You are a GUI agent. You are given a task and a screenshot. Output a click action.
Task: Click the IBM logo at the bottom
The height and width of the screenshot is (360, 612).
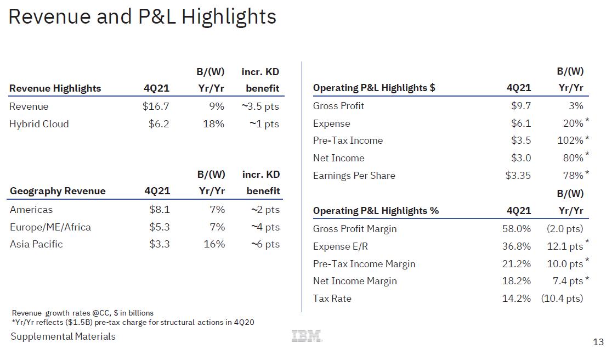click(307, 336)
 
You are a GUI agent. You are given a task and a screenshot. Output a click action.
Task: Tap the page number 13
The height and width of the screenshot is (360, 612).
click(598, 342)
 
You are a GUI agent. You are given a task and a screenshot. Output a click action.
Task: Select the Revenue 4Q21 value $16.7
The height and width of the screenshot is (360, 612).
click(156, 106)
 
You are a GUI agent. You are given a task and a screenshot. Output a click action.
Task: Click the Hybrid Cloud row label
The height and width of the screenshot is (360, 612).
click(39, 124)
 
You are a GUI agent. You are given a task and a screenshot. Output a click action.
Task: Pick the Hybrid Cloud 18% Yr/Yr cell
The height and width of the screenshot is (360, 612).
click(213, 124)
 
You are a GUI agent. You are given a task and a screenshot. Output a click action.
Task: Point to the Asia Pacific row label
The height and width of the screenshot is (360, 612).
click(36, 244)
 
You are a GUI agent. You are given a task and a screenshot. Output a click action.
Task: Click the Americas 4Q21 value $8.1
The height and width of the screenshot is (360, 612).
click(160, 210)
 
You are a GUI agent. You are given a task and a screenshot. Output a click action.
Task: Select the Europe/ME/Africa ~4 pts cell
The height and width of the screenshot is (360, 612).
click(265, 227)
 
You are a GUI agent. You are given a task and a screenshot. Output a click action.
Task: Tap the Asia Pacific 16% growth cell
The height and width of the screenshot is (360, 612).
click(214, 244)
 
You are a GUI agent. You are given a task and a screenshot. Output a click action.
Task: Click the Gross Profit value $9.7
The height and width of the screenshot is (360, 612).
click(521, 106)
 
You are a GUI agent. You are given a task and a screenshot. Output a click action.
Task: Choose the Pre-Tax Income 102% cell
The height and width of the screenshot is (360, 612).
click(570, 140)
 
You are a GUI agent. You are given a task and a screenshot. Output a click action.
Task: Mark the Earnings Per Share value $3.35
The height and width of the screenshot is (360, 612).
click(518, 176)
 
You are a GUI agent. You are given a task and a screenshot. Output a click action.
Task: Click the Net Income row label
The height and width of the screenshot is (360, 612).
click(338, 158)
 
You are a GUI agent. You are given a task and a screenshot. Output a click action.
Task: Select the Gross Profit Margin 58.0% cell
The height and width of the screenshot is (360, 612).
click(517, 229)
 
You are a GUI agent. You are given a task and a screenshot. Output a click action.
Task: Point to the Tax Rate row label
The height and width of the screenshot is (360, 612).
click(332, 299)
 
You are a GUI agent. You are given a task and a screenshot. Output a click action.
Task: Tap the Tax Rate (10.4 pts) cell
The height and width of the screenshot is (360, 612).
click(562, 299)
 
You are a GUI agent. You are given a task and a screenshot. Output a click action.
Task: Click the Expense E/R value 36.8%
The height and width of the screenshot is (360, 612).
click(517, 246)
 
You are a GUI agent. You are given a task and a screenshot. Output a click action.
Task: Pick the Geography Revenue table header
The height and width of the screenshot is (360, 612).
click(58, 191)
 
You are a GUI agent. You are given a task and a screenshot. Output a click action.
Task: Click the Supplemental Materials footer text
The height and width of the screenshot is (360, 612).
click(63, 336)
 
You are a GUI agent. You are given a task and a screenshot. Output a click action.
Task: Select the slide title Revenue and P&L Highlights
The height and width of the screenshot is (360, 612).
click(143, 17)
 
